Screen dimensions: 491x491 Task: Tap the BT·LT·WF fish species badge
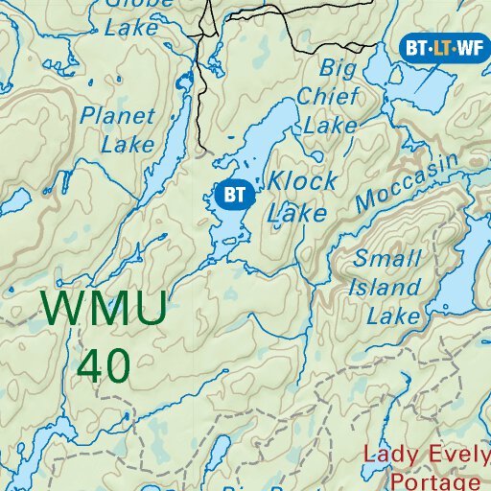tap(442, 47)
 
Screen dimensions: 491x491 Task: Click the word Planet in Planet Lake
tap(118, 117)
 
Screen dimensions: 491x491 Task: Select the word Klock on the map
tap(302, 181)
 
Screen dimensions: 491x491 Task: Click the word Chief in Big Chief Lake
tap(329, 96)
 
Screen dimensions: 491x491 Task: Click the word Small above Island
tap(387, 258)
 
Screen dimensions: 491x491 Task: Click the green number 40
tap(105, 364)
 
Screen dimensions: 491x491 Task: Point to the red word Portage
tap(427, 481)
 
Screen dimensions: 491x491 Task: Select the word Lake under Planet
tap(128, 146)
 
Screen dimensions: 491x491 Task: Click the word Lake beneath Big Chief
tap(330, 124)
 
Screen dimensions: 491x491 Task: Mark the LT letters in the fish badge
tap(442, 47)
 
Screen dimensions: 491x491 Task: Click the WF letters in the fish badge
tap(468, 47)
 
